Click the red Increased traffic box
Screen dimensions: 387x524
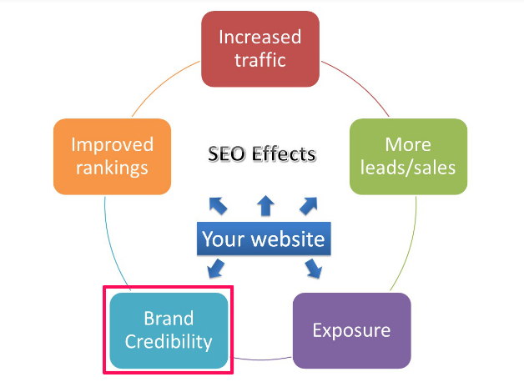pyautogui.click(x=260, y=48)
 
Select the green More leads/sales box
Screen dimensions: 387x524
pyautogui.click(x=408, y=156)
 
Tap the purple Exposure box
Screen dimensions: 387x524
pyautogui.click(x=351, y=330)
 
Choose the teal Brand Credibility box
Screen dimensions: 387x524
pyautogui.click(x=169, y=330)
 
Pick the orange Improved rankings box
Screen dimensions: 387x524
pyautogui.click(x=112, y=156)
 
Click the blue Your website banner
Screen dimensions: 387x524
pyautogui.click(x=263, y=239)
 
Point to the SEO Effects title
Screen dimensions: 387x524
pyautogui.click(x=261, y=154)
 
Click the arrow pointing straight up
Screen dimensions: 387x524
pyautogui.click(x=265, y=204)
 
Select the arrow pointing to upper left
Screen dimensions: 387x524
pyautogui.click(x=217, y=204)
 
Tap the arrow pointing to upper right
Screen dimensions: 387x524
pyautogui.click(x=309, y=204)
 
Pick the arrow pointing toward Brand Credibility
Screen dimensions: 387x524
pyautogui.click(x=215, y=269)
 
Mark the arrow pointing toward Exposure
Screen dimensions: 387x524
pyautogui.click(x=314, y=268)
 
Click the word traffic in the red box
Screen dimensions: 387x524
pyautogui.click(x=260, y=60)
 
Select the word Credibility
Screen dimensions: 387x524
pyautogui.click(x=169, y=341)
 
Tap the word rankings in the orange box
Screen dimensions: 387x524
pyautogui.click(x=112, y=168)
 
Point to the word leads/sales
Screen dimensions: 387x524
pyautogui.click(x=408, y=168)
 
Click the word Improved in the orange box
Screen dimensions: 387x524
pyautogui.click(x=112, y=144)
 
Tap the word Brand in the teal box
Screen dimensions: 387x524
pyautogui.click(x=169, y=319)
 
